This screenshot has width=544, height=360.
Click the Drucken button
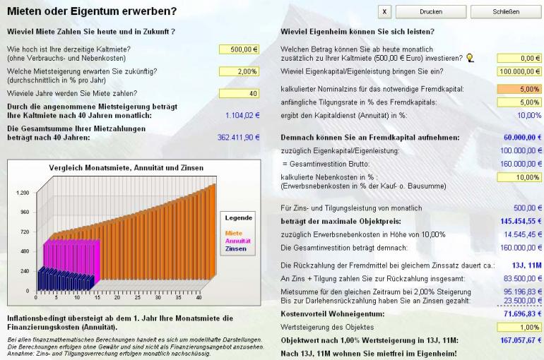tap(430, 11)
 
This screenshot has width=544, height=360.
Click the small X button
tap(385, 11)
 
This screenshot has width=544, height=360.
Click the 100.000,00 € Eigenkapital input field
tap(519, 71)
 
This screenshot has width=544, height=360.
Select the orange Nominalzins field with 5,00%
tap(519, 90)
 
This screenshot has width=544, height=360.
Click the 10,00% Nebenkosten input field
tap(519, 177)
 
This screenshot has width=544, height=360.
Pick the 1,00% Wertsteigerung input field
tap(519, 327)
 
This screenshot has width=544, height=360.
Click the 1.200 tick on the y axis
tap(23, 193)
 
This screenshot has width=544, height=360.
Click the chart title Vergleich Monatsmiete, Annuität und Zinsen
tap(127, 168)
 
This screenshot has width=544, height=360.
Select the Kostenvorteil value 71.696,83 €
tap(521, 313)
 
